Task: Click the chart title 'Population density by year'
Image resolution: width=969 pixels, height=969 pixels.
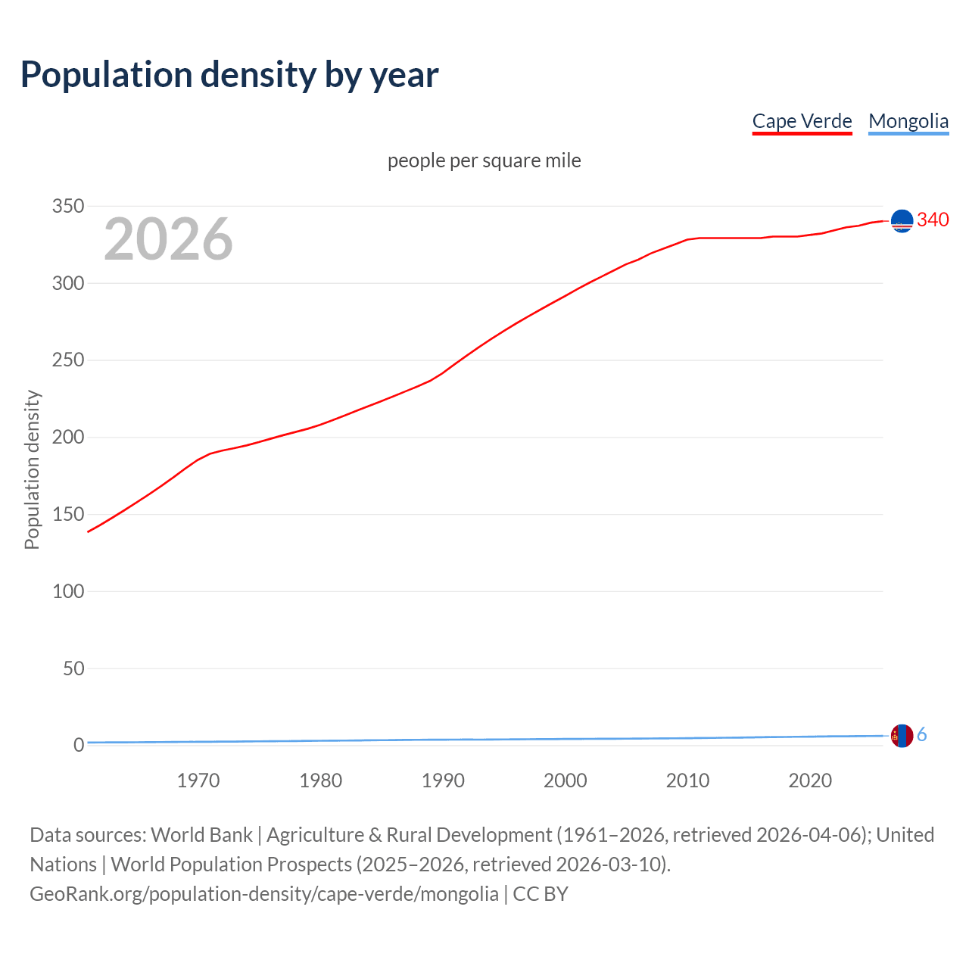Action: click(229, 74)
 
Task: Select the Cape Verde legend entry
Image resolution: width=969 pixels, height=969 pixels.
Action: click(802, 121)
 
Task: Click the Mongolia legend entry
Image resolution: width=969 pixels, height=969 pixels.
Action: click(908, 121)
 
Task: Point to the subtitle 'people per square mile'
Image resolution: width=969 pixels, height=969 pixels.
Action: click(484, 160)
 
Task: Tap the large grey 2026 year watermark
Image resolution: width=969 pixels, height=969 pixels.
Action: click(168, 239)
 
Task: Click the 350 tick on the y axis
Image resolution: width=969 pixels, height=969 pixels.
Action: click(68, 206)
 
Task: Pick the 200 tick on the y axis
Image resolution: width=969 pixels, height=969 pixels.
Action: click(68, 438)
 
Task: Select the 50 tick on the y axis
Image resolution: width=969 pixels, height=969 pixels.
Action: click(73, 668)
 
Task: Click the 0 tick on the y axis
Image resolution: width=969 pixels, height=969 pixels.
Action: click(79, 746)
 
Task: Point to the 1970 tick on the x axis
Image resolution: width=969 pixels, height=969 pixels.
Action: click(198, 780)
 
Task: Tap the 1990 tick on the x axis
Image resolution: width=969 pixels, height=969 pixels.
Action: click(443, 780)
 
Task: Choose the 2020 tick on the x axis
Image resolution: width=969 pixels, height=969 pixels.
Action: click(810, 780)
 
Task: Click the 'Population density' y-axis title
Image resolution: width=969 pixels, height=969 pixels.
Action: click(32, 469)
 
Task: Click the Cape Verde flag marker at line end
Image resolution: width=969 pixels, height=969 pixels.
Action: click(902, 220)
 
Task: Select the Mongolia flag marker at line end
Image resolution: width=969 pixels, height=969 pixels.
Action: click(902, 735)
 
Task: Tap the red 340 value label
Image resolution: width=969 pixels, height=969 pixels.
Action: click(933, 220)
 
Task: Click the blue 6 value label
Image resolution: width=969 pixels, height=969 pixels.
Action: click(922, 734)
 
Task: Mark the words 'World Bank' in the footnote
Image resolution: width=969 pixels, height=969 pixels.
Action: click(201, 835)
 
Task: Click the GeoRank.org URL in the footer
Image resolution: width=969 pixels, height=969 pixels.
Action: click(264, 894)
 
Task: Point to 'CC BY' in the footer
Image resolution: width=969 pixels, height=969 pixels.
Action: click(541, 894)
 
